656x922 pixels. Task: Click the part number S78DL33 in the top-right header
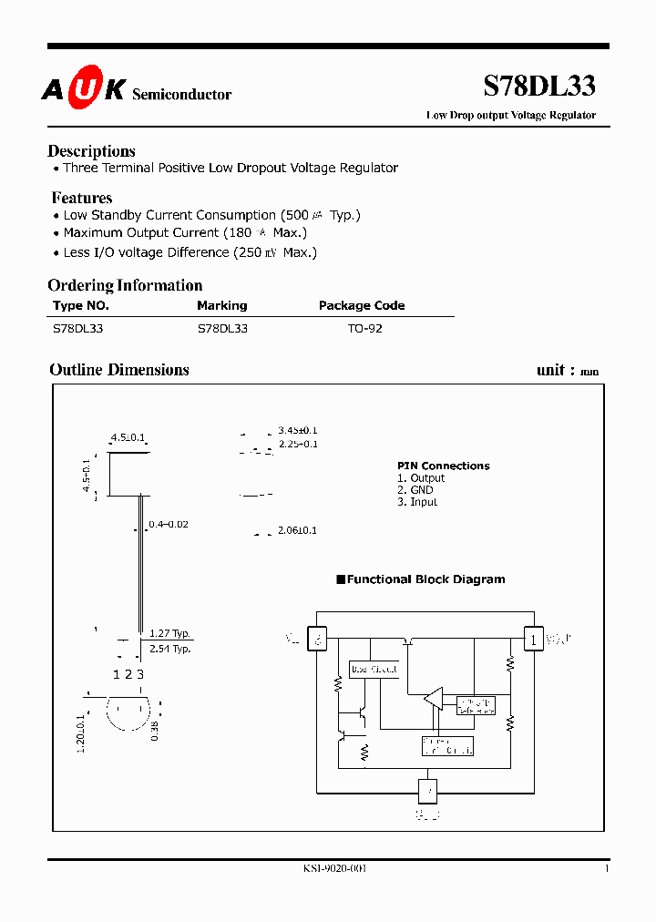(x=538, y=86)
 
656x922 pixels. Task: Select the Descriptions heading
(x=91, y=151)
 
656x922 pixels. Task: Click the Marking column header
(x=221, y=306)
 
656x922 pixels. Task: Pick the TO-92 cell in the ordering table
(x=364, y=328)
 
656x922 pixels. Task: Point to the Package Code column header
(x=362, y=306)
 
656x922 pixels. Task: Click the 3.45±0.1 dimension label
(x=298, y=430)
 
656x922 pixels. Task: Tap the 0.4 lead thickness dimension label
(x=169, y=525)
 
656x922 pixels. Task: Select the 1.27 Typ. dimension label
(x=170, y=633)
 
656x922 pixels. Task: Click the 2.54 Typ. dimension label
(x=170, y=649)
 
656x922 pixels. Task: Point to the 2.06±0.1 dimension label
(x=298, y=530)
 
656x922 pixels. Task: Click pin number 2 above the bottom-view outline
(x=128, y=674)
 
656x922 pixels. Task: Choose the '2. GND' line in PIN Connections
(x=415, y=490)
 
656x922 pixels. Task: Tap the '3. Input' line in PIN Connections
(x=417, y=502)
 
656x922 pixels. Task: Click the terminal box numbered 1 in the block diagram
(x=532, y=639)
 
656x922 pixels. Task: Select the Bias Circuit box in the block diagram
(x=374, y=670)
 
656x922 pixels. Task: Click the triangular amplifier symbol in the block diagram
(x=433, y=700)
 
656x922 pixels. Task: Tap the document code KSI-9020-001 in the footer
(x=334, y=868)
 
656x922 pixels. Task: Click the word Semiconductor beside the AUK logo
(x=182, y=95)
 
